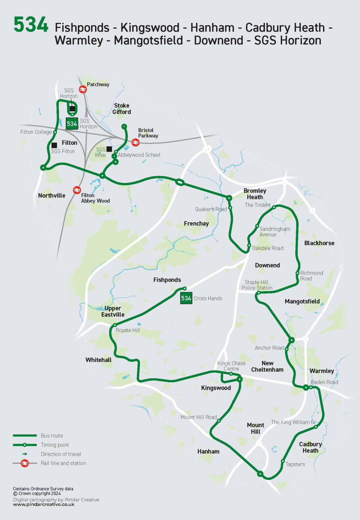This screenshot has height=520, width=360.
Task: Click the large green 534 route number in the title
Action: tap(31, 25)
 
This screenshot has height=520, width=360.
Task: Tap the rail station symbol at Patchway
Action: tap(83, 89)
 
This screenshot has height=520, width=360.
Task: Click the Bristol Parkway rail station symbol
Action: tap(135, 143)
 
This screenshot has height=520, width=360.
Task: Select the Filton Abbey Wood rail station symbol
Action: tap(77, 190)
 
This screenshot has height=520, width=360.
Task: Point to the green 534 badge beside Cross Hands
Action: tap(186, 298)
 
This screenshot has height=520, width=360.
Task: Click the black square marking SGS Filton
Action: tap(54, 145)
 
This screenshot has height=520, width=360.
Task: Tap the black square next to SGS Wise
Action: tap(109, 149)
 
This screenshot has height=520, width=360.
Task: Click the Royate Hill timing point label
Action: tap(128, 330)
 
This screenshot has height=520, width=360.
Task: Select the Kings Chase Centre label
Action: tap(231, 366)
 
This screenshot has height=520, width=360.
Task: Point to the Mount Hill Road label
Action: tap(198, 417)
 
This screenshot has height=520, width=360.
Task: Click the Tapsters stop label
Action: tap(295, 464)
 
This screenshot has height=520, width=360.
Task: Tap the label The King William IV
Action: tap(293, 422)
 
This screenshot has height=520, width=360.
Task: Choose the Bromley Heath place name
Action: tap(255, 194)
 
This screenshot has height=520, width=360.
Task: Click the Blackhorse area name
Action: tap(319, 243)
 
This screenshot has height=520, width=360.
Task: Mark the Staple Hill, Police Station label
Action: tap(257, 285)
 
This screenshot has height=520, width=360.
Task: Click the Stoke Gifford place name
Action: tap(122, 109)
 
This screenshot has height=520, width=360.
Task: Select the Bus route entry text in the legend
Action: tap(52, 436)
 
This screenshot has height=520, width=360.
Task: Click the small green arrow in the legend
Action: tap(25, 454)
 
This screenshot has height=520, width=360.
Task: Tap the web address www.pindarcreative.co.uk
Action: tap(44, 504)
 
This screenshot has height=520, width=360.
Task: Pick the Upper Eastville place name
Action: tap(112, 311)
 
